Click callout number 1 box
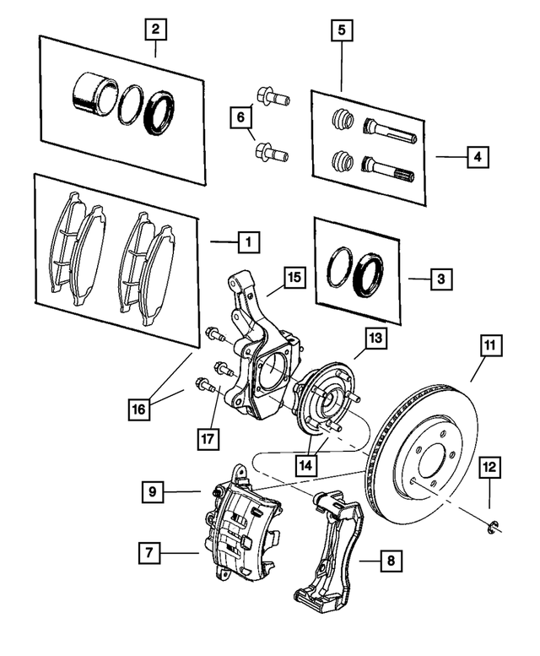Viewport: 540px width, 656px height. pyautogui.click(x=246, y=242)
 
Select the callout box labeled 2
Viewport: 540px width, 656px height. pyautogui.click(x=154, y=31)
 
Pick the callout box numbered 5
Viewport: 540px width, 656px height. pyautogui.click(x=342, y=31)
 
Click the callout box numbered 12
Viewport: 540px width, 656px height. pyautogui.click(x=490, y=465)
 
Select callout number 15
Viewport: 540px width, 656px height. pyautogui.click(x=293, y=277)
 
